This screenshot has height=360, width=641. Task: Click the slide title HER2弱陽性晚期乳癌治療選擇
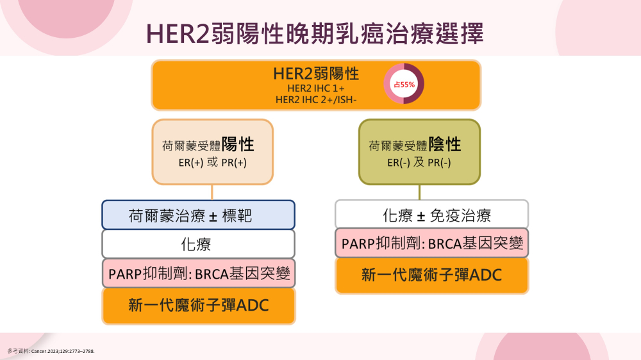pos(315,33)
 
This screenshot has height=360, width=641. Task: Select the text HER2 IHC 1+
pos(316,88)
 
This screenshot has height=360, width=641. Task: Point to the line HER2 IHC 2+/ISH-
pos(316,100)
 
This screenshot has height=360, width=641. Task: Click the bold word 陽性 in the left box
pos(238,145)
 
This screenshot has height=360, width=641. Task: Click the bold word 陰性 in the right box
pos(445,145)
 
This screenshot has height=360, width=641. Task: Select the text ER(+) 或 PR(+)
pos(213,163)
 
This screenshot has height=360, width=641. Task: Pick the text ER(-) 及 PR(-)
pos(419,163)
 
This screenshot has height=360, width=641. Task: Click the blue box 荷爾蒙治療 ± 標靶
pos(198,215)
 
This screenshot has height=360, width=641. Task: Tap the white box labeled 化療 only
pos(198,244)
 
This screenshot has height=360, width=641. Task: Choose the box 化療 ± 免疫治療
pos(431,215)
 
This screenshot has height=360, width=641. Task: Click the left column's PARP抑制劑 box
pos(198,273)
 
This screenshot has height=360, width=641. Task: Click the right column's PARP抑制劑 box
pos(431,243)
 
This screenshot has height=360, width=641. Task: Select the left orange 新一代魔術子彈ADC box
pos(198,306)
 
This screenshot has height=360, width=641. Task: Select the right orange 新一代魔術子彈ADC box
pos(431,275)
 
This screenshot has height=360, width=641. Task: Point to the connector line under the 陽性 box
pos(212,192)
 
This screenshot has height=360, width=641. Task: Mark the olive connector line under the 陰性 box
pos(419,192)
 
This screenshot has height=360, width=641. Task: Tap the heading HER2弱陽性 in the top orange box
pos(316,74)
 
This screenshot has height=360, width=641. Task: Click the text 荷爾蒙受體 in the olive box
pos(398,146)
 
